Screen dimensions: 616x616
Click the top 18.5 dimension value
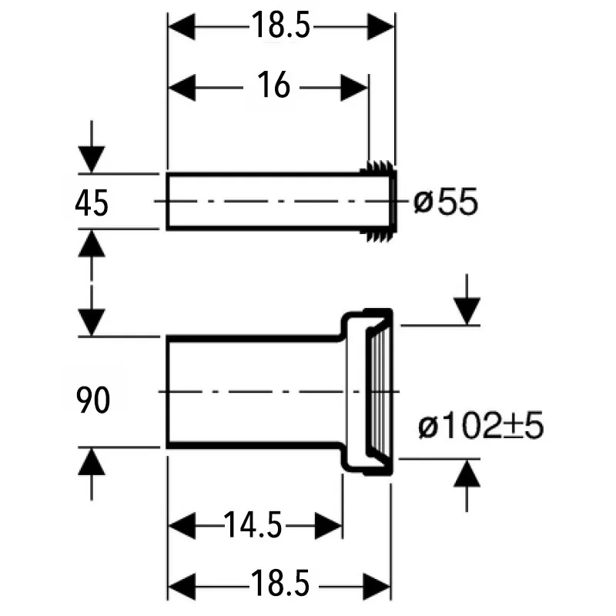(280, 25)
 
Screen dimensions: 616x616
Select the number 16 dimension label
(274, 85)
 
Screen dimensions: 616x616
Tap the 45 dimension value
(92, 203)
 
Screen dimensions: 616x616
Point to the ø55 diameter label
(446, 202)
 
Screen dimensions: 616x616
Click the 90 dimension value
(92, 400)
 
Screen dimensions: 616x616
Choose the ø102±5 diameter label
(480, 425)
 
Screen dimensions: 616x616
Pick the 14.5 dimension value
(253, 525)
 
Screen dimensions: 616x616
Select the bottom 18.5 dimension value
(280, 584)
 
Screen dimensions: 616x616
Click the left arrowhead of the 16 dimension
(182, 88)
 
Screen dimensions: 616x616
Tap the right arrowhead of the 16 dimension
(354, 88)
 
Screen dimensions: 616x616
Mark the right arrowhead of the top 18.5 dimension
(380, 27)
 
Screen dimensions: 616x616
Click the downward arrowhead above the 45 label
(92, 159)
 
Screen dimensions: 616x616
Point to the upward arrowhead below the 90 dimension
(92, 462)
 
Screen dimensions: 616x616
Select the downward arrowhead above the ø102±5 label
(467, 312)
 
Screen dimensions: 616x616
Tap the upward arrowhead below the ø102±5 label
(467, 474)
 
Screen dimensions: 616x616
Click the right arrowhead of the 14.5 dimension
(329, 526)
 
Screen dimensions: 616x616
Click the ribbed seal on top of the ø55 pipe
(377, 166)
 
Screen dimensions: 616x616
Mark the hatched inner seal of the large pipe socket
(379, 392)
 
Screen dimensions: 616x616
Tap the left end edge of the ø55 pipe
(167, 201)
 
